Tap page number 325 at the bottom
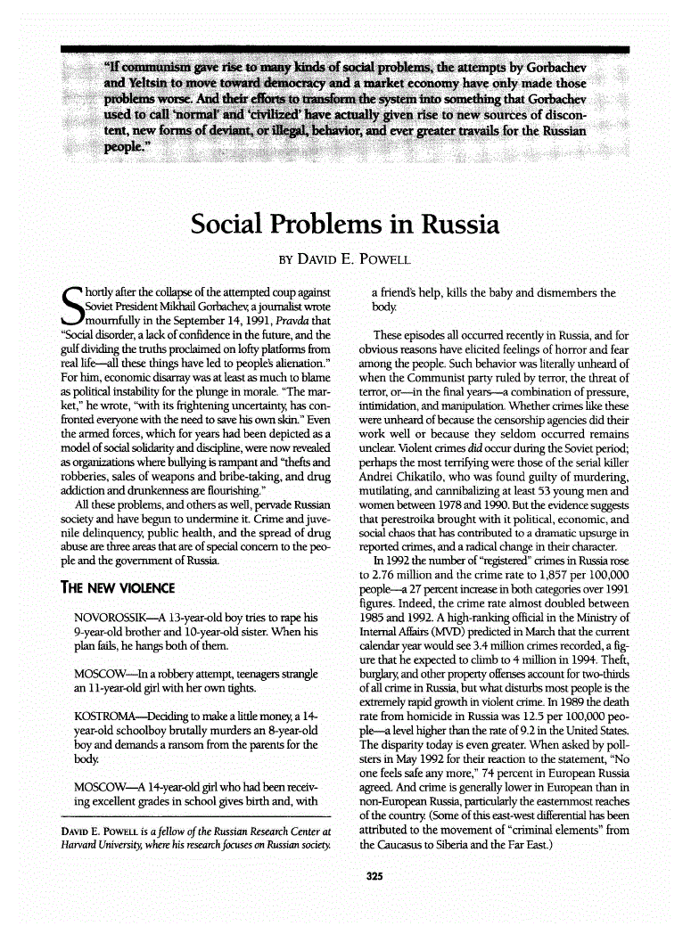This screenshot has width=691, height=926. click(374, 877)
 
